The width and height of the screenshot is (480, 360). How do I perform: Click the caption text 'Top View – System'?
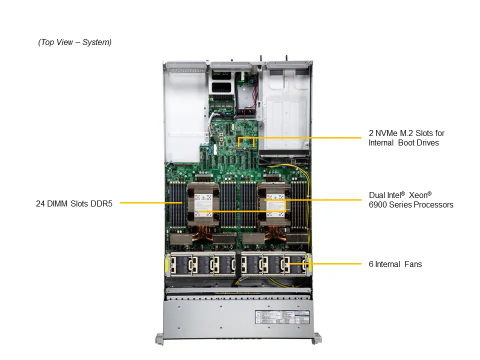click(x=75, y=42)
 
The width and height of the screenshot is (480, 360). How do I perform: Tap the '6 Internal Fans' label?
click(x=395, y=264)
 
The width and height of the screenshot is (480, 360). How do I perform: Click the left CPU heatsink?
click(x=202, y=202)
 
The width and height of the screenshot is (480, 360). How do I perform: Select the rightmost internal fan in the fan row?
click(x=295, y=264)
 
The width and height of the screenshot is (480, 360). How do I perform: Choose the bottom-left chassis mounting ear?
click(x=159, y=338)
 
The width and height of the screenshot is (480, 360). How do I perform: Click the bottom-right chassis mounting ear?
click(x=316, y=338)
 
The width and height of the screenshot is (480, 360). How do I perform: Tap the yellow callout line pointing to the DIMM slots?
click(x=145, y=203)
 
